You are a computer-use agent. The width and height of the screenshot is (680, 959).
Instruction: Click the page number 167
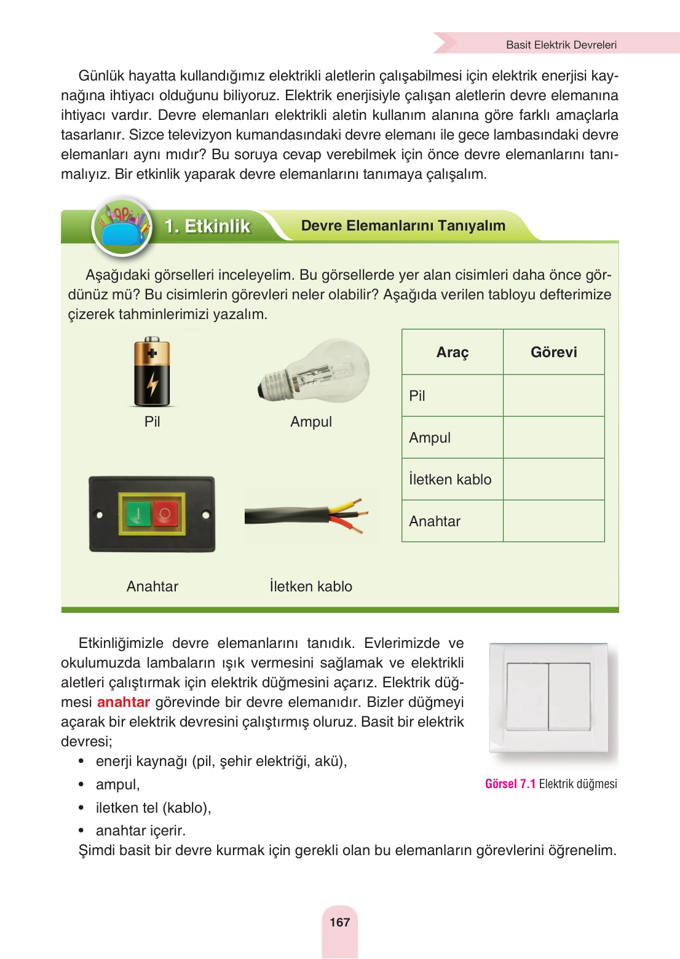(339, 922)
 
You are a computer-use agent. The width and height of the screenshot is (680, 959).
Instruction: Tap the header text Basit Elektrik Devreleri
(561, 45)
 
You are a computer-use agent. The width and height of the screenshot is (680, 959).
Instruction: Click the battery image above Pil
(152, 372)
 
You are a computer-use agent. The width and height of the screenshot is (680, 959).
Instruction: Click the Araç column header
(453, 352)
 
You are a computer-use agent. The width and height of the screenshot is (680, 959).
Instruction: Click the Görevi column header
(553, 352)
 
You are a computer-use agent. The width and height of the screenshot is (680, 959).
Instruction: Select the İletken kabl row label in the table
(450, 479)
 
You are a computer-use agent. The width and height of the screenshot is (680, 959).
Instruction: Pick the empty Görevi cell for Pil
(553, 395)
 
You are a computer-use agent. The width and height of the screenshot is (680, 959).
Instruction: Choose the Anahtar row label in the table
(435, 521)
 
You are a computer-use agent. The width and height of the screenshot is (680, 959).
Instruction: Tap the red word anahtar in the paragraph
(124, 702)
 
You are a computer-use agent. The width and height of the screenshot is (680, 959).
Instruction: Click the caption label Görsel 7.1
(510, 784)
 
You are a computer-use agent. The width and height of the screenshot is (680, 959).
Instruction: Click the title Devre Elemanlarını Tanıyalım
(403, 226)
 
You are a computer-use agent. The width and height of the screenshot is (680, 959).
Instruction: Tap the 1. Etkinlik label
(207, 226)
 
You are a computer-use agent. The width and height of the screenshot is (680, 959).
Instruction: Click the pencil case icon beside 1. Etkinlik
(122, 227)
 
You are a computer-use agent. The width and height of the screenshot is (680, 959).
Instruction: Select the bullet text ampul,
(117, 784)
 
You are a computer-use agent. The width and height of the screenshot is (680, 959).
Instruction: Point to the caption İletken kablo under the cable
(310, 586)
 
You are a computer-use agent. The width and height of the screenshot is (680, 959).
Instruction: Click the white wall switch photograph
(548, 697)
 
